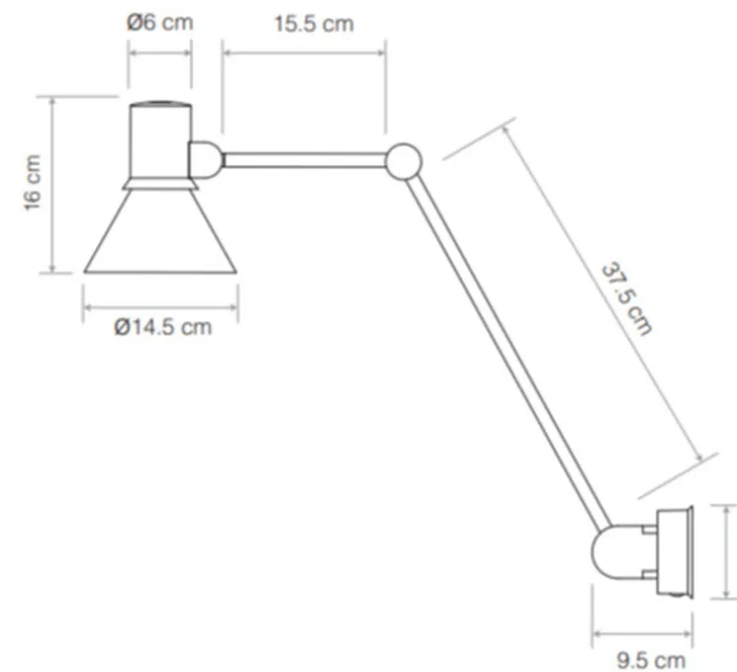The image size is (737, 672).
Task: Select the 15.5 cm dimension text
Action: (313, 24)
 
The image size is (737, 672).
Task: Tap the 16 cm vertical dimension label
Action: (32, 183)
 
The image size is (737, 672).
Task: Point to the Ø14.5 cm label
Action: (161, 328)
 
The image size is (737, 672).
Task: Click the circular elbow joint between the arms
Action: (403, 162)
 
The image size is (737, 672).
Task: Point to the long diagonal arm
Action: (510, 347)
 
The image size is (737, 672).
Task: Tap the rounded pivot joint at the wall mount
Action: (614, 551)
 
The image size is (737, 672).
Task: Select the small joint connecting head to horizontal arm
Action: (205, 159)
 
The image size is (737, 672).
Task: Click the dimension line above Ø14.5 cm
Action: (160, 307)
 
